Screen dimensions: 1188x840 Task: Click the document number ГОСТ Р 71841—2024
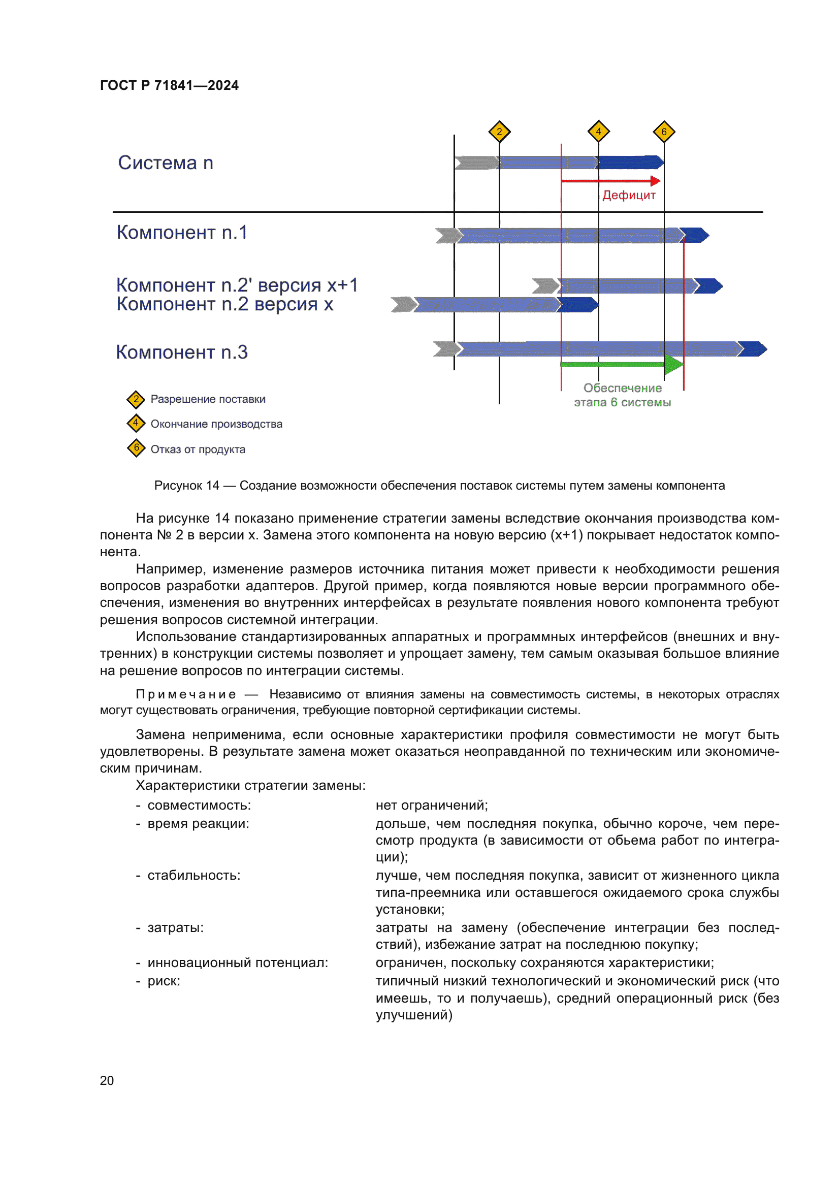tap(169, 85)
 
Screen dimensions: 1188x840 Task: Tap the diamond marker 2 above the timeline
tap(499, 132)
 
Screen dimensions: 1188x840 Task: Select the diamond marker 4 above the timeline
tap(598, 132)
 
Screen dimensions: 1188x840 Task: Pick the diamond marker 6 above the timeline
tap(664, 132)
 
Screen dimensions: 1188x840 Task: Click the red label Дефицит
tap(629, 195)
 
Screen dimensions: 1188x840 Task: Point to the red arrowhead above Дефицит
tap(655, 181)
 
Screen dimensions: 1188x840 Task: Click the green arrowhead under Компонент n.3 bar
tap(673, 365)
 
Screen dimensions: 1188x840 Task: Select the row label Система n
tap(166, 163)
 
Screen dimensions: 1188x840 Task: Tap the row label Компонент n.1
tap(182, 232)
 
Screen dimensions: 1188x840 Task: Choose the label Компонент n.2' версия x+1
tap(237, 285)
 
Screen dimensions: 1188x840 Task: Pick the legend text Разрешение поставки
tap(208, 399)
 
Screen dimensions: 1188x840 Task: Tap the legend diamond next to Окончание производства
tap(136, 423)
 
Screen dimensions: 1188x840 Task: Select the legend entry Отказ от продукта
tap(198, 449)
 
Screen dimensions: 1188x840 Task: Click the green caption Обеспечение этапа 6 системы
tap(622, 395)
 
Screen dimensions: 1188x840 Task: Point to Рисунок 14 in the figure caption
tap(187, 486)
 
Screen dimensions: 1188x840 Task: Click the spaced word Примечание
tap(186, 694)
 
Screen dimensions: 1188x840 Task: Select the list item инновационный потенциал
tap(237, 962)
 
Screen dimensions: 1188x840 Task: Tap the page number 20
tap(107, 1080)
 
